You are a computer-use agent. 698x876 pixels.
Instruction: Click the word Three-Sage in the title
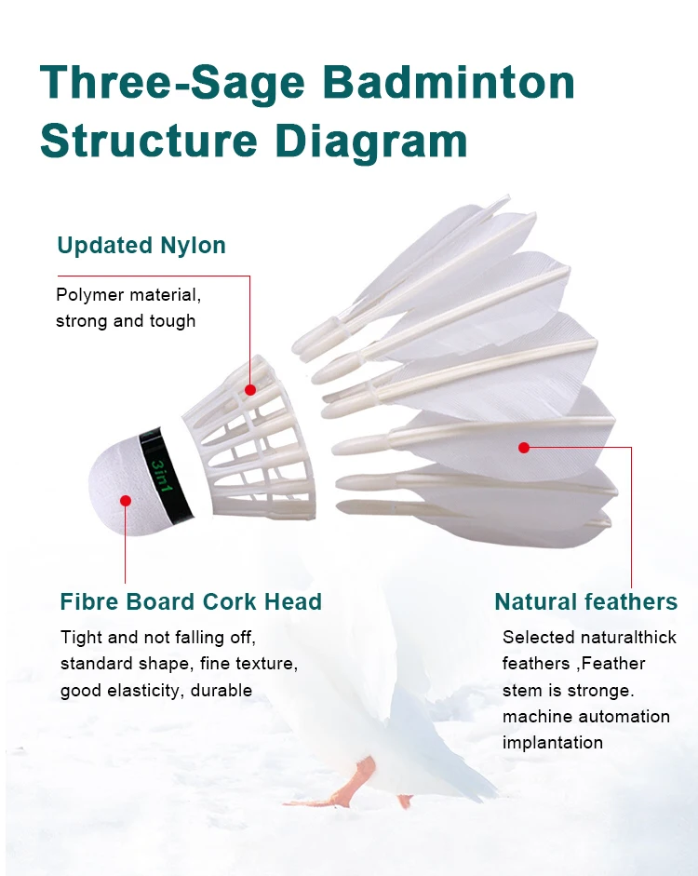tap(172, 84)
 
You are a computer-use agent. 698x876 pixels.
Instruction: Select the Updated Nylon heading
tap(141, 246)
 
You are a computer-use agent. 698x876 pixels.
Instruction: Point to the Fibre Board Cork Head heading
tap(191, 601)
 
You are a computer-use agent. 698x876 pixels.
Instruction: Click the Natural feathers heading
tap(586, 601)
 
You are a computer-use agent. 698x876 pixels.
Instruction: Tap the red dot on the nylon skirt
tap(250, 389)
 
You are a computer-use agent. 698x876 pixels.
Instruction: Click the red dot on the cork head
tap(126, 501)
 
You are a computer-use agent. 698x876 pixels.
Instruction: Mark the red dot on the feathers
tap(524, 448)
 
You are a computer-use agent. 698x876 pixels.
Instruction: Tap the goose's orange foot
tap(349, 782)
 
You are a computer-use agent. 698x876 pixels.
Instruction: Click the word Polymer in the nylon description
tap(89, 295)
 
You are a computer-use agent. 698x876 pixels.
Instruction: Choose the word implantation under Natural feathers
tap(553, 743)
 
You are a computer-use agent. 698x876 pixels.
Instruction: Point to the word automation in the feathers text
tap(624, 716)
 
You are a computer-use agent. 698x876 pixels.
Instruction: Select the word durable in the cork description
tap(222, 691)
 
